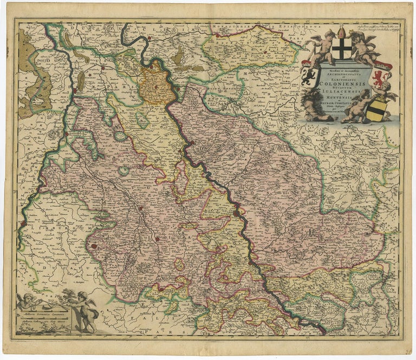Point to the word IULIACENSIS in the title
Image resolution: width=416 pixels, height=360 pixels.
(x=344, y=91)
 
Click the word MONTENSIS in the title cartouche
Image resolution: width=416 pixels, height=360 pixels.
(x=342, y=99)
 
